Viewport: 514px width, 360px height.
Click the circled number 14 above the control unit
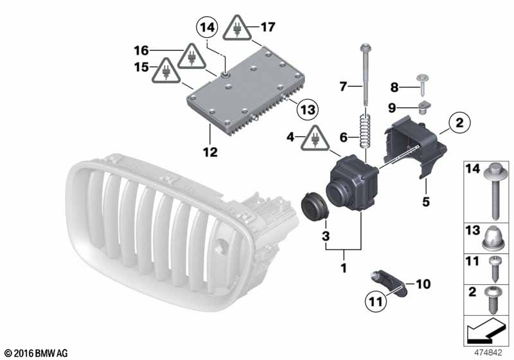point(207,28)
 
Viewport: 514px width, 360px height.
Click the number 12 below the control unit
point(210,152)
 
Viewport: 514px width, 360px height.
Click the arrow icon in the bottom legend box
point(483,334)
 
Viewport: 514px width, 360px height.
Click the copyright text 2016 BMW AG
point(36,353)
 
